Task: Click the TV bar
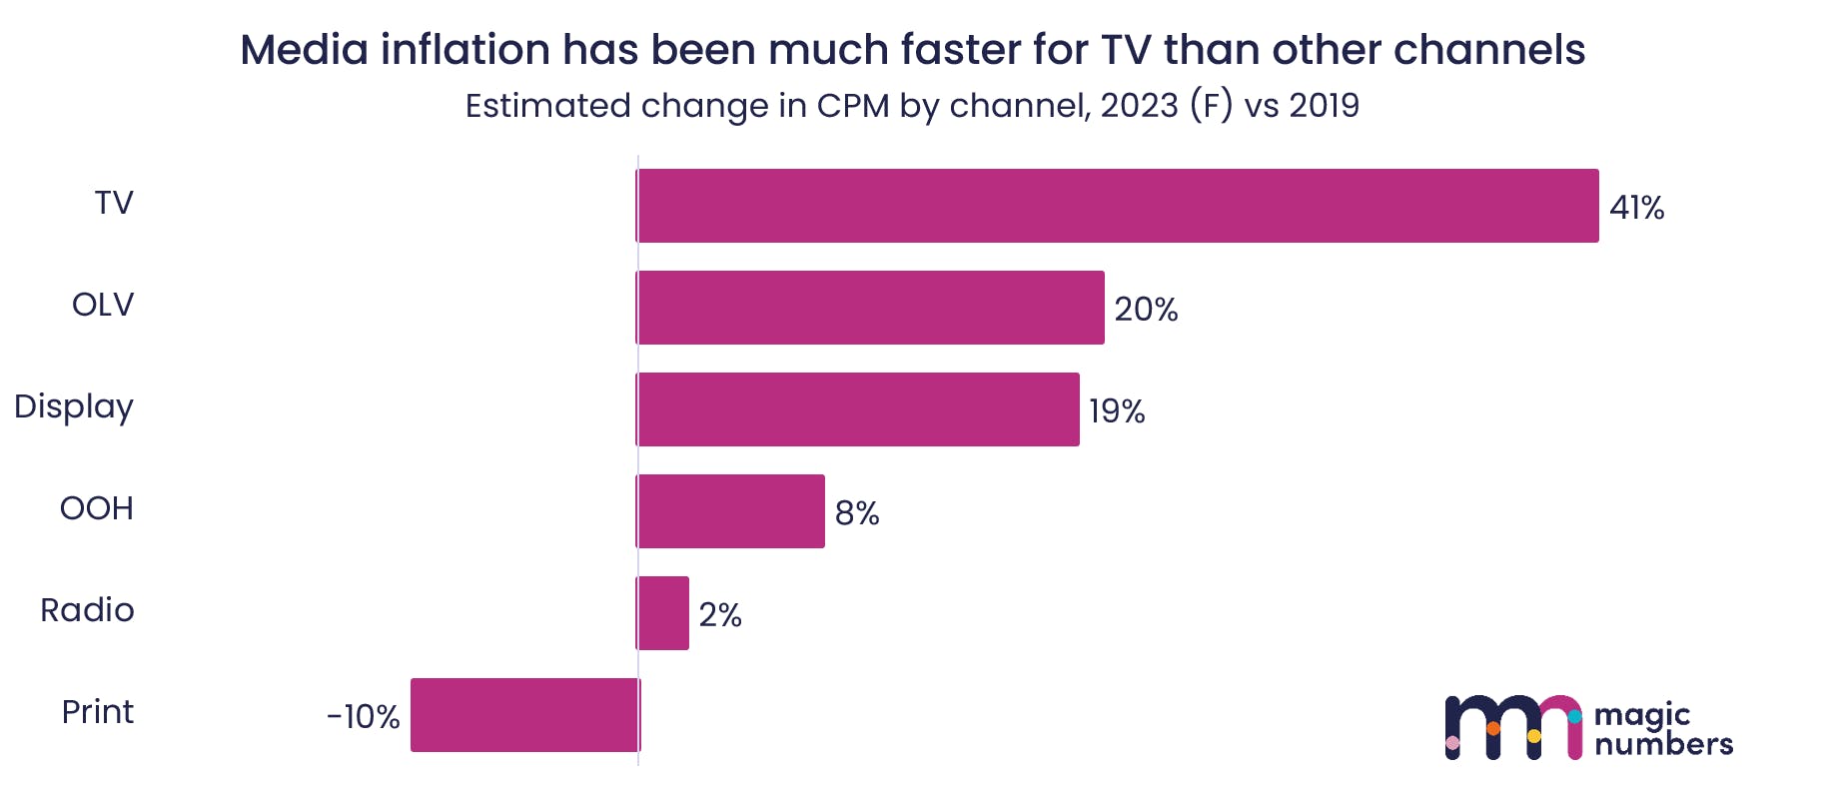click(x=1117, y=206)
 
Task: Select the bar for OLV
click(x=870, y=308)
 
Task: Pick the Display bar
click(x=857, y=409)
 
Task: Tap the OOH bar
click(x=730, y=511)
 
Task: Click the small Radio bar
click(x=663, y=613)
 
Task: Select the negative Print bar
click(x=524, y=715)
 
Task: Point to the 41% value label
click(x=1636, y=208)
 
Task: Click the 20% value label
click(x=1146, y=310)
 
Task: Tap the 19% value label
click(x=1117, y=411)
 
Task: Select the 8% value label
click(x=857, y=513)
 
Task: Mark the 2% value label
click(x=720, y=615)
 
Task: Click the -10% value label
click(x=364, y=717)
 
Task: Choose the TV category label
click(x=114, y=203)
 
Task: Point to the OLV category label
click(x=103, y=305)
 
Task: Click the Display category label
click(x=74, y=407)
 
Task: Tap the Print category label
click(x=98, y=712)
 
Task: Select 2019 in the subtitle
click(x=1324, y=106)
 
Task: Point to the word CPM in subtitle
click(x=853, y=106)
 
